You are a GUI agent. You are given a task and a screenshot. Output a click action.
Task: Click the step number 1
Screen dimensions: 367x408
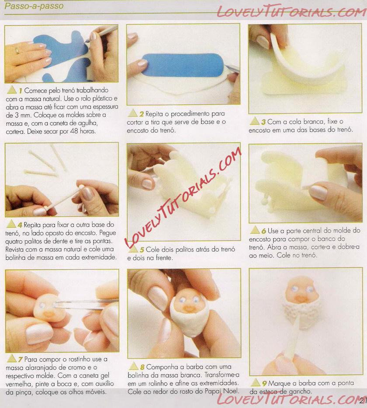[x=20, y=91]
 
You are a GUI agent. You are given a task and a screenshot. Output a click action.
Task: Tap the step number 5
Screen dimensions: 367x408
[x=142, y=250]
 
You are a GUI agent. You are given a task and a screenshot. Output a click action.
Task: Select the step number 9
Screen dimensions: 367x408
[x=264, y=383]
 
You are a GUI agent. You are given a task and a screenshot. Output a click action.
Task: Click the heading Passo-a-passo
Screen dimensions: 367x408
[x=34, y=6]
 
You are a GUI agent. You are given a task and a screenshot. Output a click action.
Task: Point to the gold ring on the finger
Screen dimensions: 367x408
[x=17, y=50]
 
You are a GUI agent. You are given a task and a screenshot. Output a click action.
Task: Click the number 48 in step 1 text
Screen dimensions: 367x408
[x=74, y=131]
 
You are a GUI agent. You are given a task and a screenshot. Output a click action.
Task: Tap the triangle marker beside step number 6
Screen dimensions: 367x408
[x=255, y=230]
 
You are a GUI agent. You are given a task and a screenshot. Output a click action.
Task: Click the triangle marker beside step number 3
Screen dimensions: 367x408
[x=255, y=121]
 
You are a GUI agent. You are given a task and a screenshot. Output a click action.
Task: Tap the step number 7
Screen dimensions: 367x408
[x=20, y=359]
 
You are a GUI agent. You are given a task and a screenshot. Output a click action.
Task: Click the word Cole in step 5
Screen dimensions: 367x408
[x=152, y=250]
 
